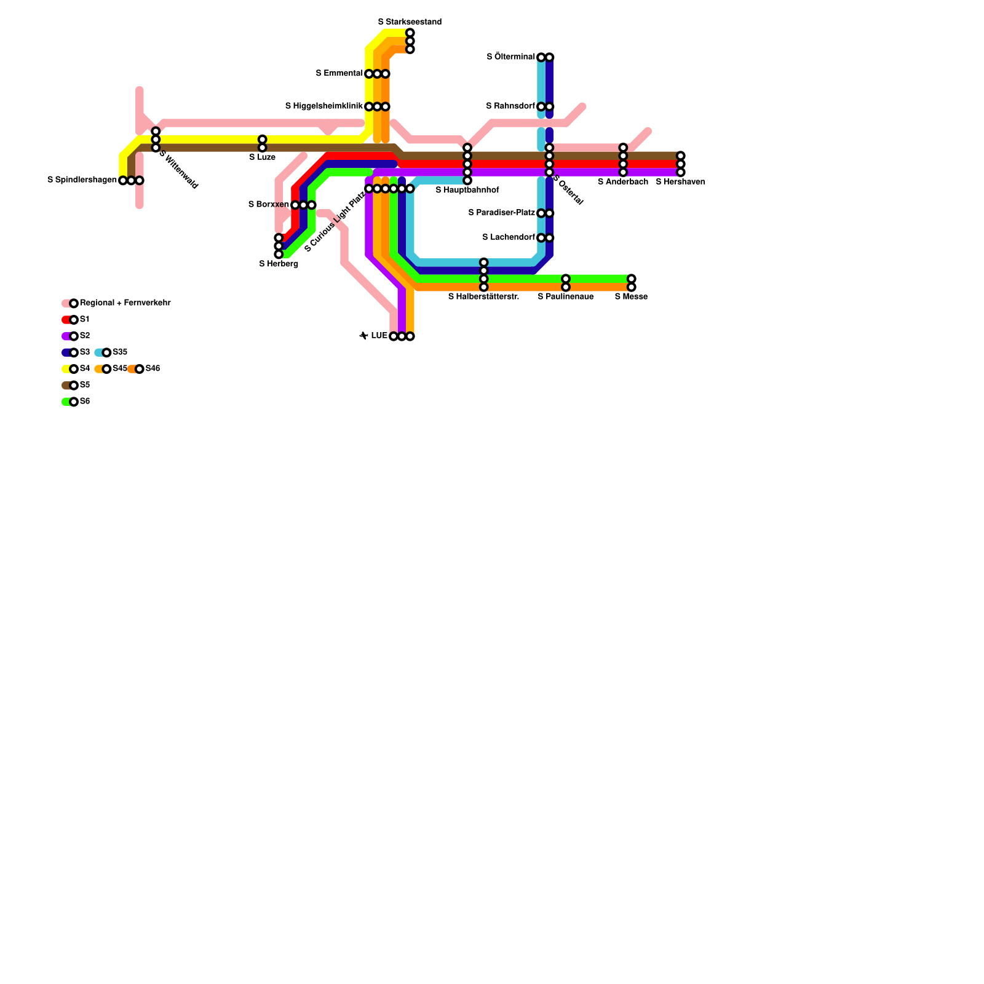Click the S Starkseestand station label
point(410,22)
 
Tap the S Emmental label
point(339,74)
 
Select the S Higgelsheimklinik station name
point(323,106)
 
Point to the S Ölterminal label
point(510,57)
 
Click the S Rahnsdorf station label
point(510,106)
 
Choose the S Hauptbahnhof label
point(467,191)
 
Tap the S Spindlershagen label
point(82,180)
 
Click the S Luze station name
point(262,157)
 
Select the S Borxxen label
point(269,205)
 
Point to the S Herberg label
point(279,264)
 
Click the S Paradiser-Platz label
point(501,213)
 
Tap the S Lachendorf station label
point(509,237)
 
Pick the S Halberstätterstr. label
point(483,297)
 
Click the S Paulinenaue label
point(566,297)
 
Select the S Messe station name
point(631,297)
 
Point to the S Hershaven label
point(680,182)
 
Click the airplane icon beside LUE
point(363,336)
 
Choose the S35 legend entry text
point(120,352)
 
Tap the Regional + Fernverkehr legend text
point(125,303)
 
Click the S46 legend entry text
point(153,369)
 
